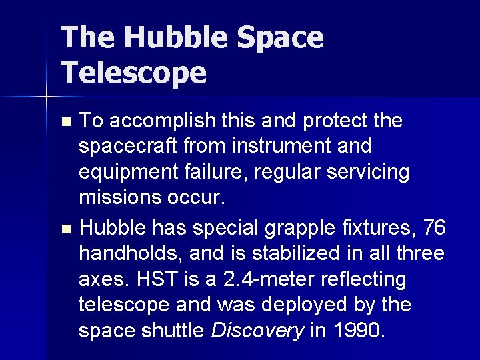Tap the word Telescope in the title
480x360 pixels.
click(x=133, y=72)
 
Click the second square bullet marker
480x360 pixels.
click(x=65, y=229)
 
